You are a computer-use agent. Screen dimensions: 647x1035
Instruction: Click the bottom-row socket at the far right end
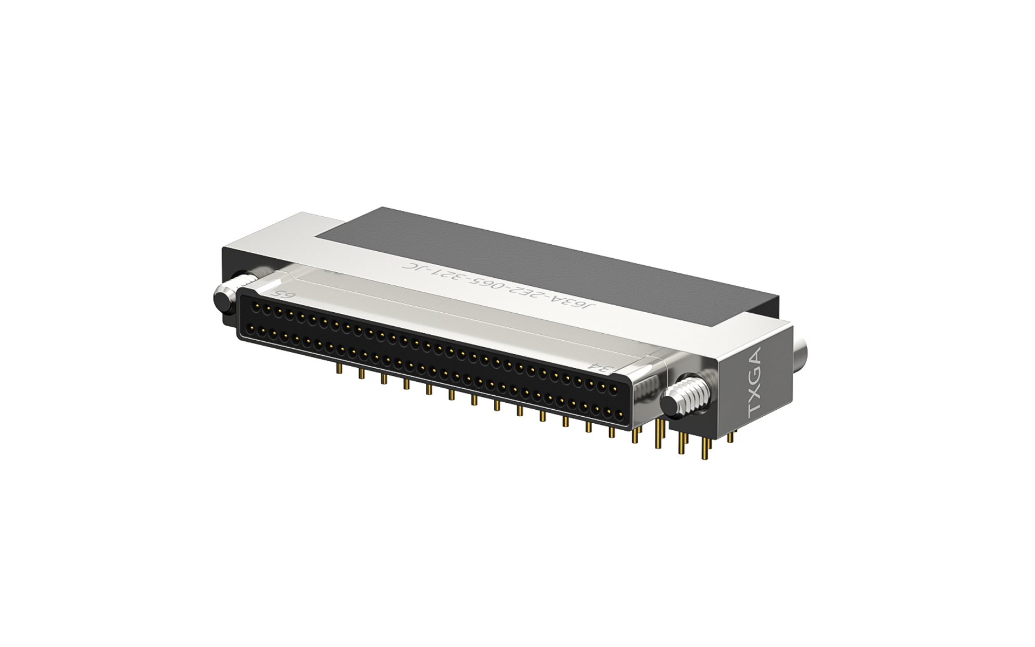pyautogui.click(x=619, y=415)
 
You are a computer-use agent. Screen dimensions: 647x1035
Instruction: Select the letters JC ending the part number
pyautogui.click(x=409, y=267)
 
